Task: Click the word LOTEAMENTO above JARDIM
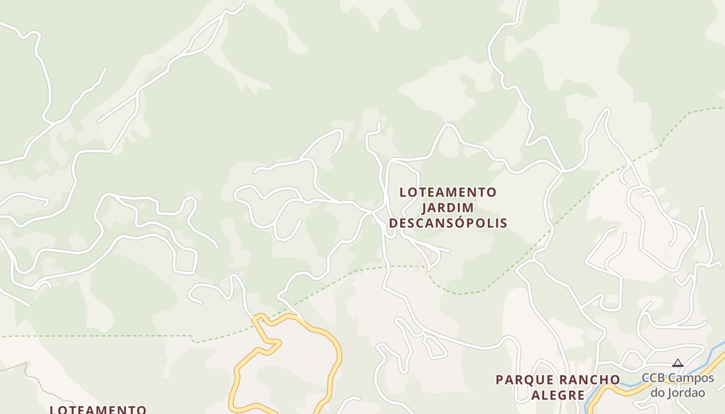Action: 448,193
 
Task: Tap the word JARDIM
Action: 448,208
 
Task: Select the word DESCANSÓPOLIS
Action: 448,223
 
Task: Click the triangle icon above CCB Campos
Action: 678,363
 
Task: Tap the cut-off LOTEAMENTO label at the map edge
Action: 98,409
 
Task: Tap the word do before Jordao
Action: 658,393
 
